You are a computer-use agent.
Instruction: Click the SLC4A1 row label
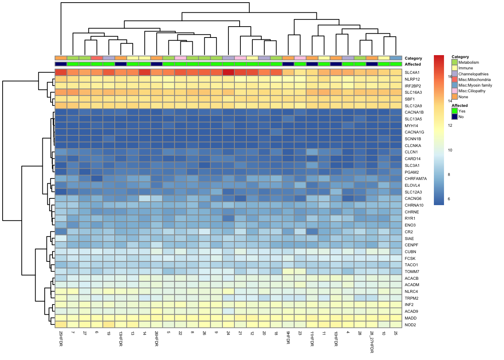(x=412, y=73)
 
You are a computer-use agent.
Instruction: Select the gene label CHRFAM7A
(x=415, y=179)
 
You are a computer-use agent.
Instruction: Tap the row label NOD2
(x=410, y=325)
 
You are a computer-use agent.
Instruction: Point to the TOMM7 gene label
(x=412, y=272)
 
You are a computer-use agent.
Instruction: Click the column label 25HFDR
(x=61, y=338)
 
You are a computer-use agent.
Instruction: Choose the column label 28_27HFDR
(x=372, y=342)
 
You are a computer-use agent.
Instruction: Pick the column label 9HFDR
(x=288, y=337)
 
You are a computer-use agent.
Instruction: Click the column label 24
(x=228, y=333)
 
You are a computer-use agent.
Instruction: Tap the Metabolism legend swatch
(x=454, y=62)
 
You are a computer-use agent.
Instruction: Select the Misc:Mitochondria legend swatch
(x=454, y=79)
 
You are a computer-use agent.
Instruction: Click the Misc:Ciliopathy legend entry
(x=472, y=91)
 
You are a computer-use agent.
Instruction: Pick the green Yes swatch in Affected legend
(x=454, y=111)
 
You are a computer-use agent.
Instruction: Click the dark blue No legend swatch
(x=454, y=117)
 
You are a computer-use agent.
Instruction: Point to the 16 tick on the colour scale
(x=450, y=76)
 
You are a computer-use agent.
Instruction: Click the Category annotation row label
(x=413, y=58)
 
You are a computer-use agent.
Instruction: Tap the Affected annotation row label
(x=412, y=64)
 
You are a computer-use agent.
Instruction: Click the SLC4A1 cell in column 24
(x=228, y=72)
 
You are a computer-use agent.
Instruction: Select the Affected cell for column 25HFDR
(x=61, y=64)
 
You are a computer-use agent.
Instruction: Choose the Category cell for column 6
(x=97, y=58)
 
